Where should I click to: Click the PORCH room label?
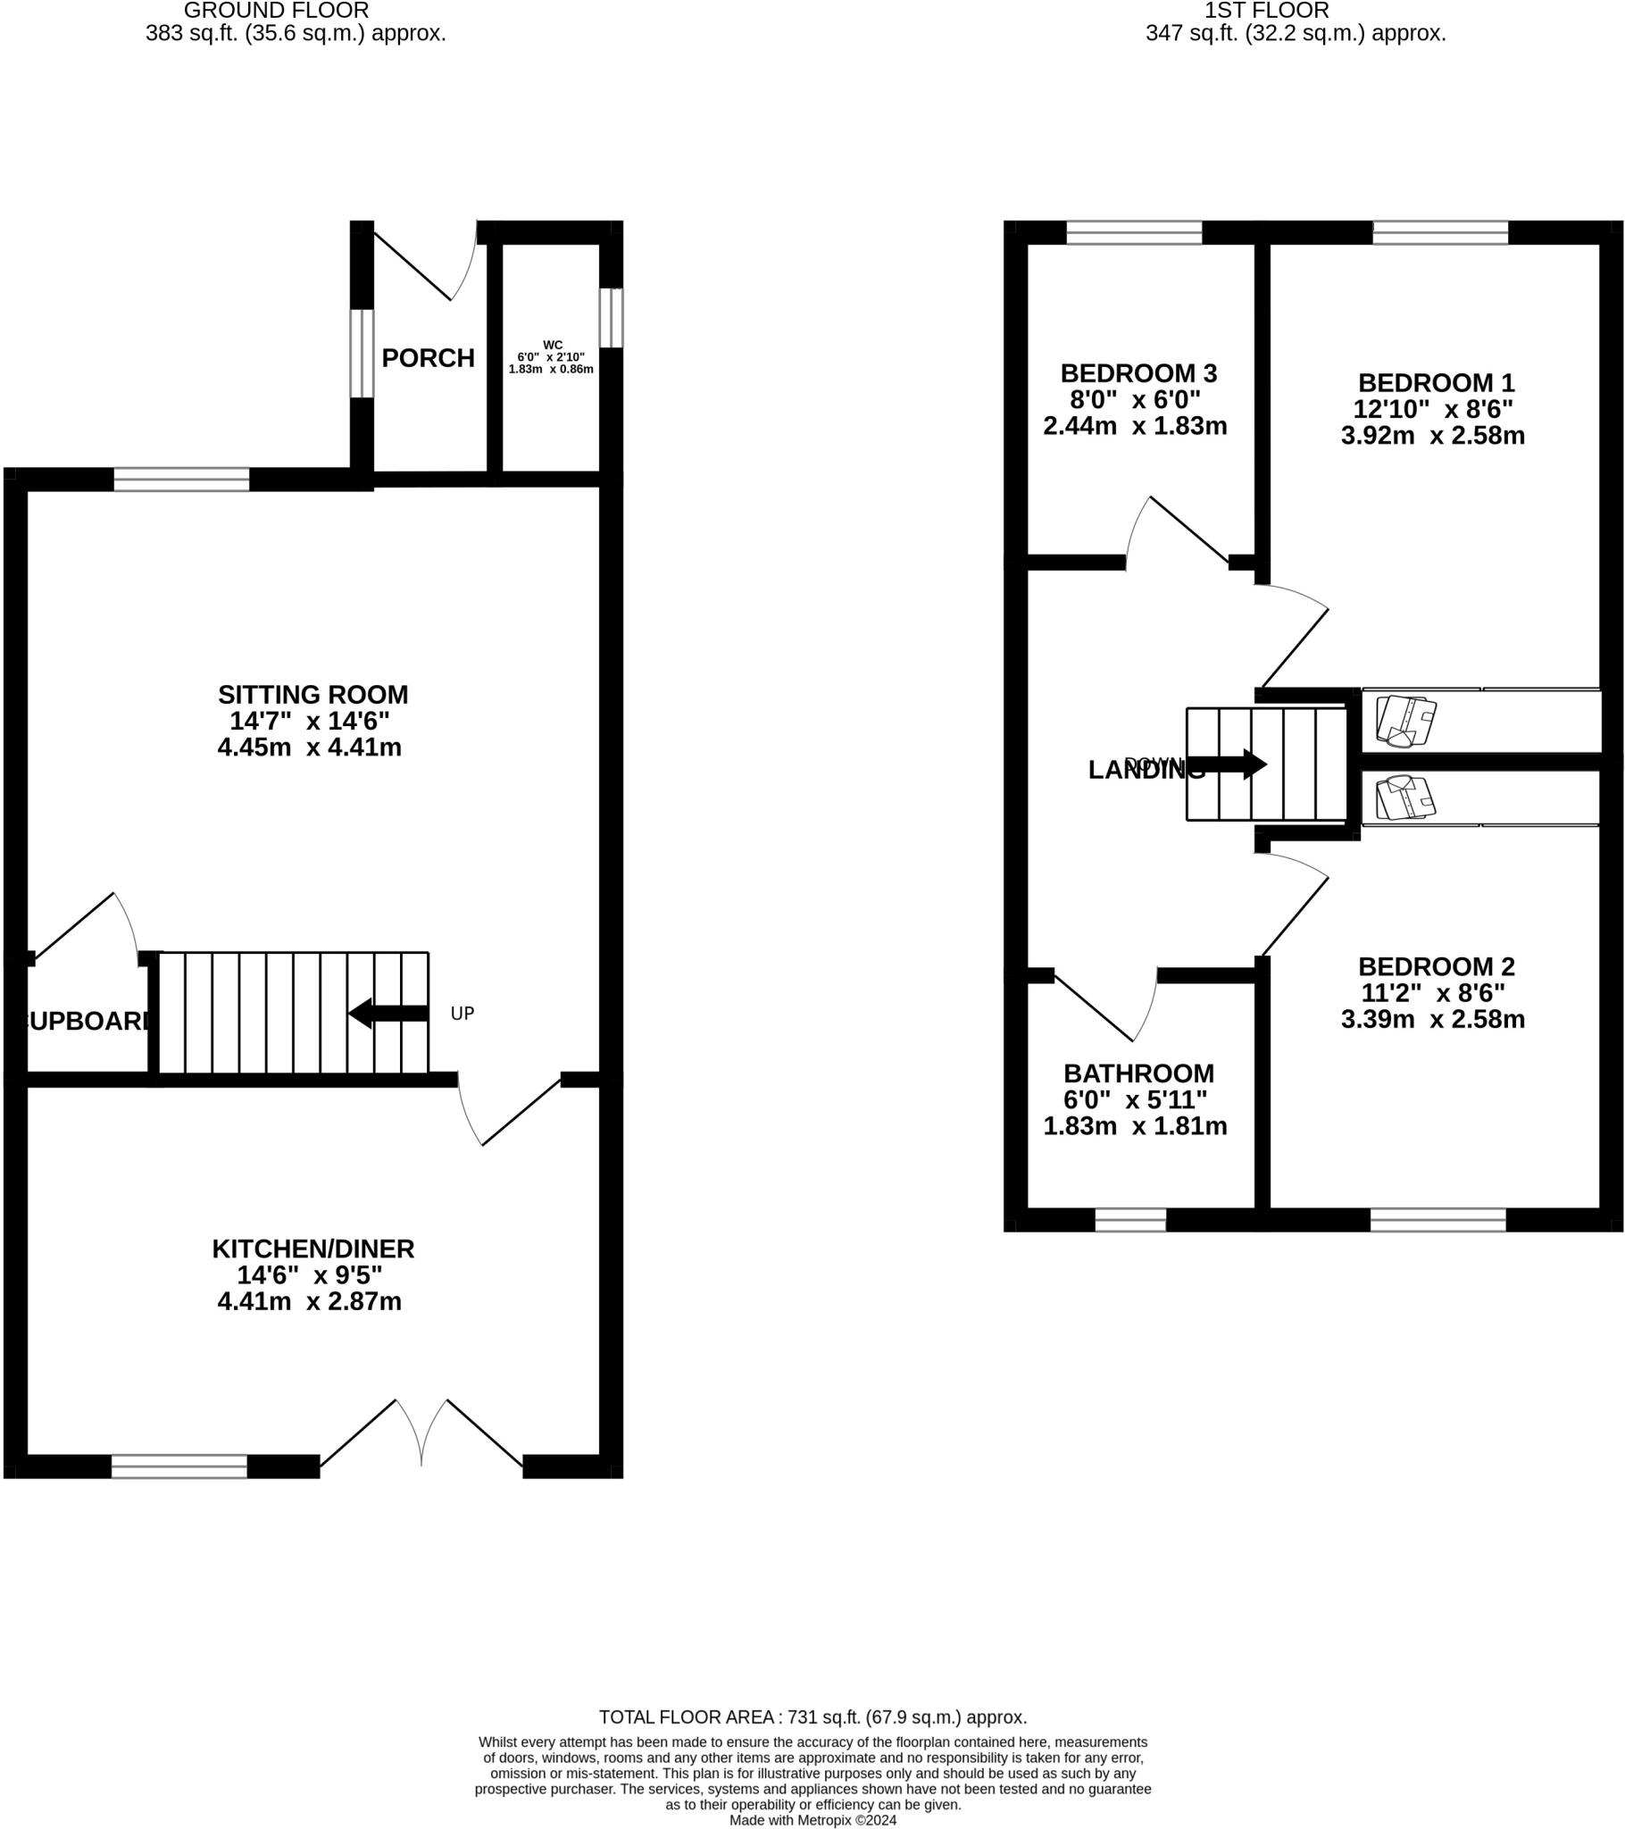[428, 358]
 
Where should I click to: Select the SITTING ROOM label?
[312, 695]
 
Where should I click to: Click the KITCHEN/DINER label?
[312, 1249]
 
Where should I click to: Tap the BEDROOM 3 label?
[1138, 372]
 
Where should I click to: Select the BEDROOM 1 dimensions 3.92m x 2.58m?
[1432, 436]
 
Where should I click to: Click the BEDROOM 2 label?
[1436, 966]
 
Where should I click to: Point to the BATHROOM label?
[1138, 1073]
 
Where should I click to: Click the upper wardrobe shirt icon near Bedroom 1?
[1405, 721]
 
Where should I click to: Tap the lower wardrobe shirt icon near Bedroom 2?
[1405, 798]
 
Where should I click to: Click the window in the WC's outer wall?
[611, 317]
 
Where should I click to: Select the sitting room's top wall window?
[181, 480]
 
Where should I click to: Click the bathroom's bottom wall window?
[1130, 1220]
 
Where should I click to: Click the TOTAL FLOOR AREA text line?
[812, 1717]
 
